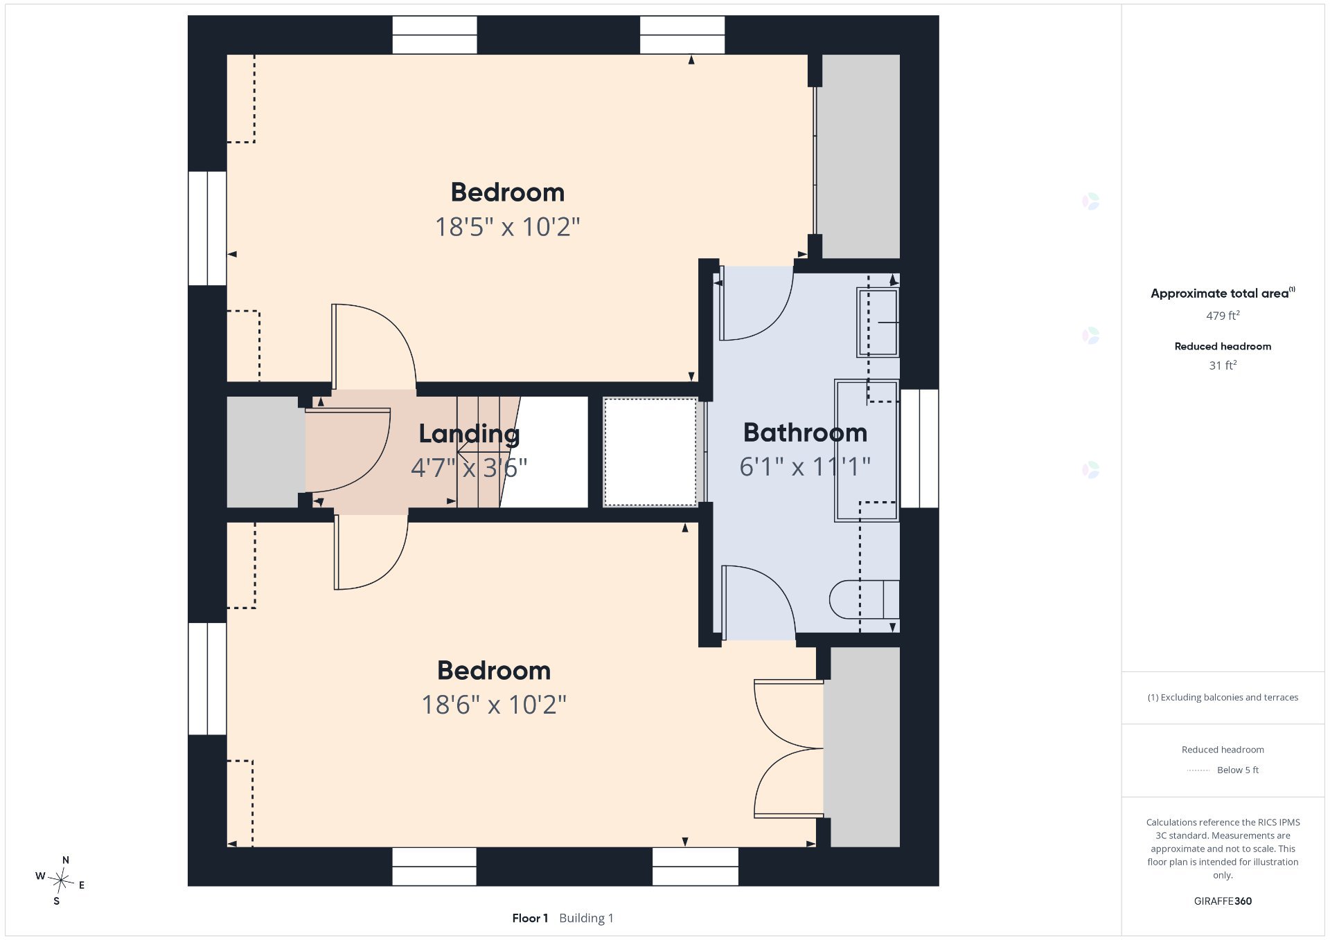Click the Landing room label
[469, 434]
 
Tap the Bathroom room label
[805, 433]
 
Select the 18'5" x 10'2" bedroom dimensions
[507, 226]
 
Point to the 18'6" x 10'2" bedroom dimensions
[494, 705]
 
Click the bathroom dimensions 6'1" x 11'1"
[805, 467]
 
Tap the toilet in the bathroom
[864, 599]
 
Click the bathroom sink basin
[878, 323]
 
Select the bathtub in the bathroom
[867, 450]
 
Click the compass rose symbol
[61, 880]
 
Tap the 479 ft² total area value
[1223, 316]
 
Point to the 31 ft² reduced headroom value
[1223, 365]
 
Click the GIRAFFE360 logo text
[1223, 901]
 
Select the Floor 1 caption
[530, 918]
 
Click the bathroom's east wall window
[919, 449]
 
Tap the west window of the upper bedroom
[207, 228]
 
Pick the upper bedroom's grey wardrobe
[860, 156]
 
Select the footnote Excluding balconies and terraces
[1223, 697]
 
